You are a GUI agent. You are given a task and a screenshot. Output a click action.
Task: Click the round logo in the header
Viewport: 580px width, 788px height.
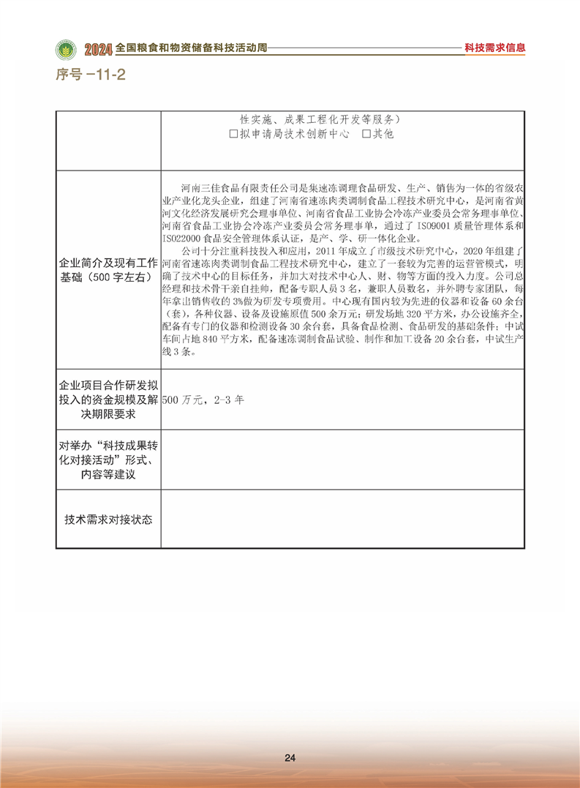67,49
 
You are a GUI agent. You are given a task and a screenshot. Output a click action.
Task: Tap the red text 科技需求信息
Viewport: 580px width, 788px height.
495,48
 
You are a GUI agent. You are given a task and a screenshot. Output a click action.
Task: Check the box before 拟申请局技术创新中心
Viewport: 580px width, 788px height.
233,135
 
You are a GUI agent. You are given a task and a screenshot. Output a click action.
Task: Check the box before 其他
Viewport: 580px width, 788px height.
366,135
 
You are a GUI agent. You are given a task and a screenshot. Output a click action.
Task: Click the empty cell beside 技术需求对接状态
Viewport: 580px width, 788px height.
342,519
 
